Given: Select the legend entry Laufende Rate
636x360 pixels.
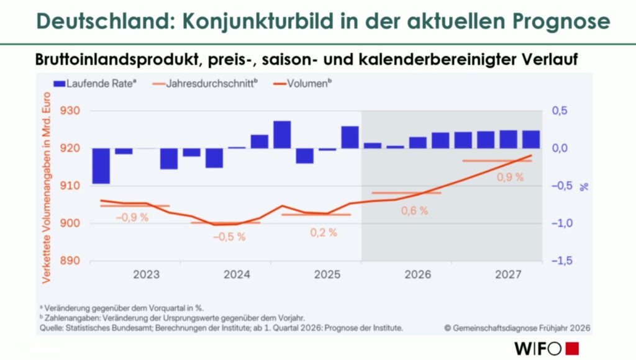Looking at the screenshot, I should (x=94, y=83).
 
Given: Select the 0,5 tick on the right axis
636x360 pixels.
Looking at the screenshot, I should (x=562, y=111).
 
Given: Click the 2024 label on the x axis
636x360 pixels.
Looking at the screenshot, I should (x=237, y=274).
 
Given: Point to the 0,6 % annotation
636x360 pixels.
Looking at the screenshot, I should (x=414, y=210).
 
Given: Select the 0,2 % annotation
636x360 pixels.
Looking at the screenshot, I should (x=323, y=233).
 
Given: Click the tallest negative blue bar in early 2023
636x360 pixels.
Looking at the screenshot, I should (x=101, y=166).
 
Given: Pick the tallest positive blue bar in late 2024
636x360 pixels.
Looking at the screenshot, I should (x=282, y=135).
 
